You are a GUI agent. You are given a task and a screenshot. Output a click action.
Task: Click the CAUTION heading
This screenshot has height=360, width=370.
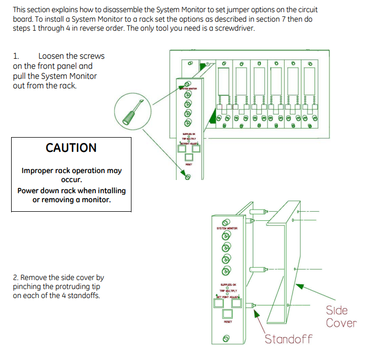pyautogui.click(x=71, y=148)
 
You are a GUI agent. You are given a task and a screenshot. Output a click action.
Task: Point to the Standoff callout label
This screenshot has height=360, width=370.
pyautogui.click(x=288, y=339)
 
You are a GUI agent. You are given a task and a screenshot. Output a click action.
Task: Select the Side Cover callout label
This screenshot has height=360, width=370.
pyautogui.click(x=341, y=317)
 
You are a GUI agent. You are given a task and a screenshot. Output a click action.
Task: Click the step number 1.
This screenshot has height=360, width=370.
pyautogui.click(x=16, y=56)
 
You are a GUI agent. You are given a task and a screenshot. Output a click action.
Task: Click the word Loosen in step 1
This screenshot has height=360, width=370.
pyautogui.click(x=52, y=56)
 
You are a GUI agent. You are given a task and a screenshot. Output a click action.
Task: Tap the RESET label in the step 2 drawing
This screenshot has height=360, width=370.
pyautogui.click(x=227, y=321)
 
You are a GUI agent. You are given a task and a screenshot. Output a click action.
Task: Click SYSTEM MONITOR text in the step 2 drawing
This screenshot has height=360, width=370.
pyautogui.click(x=227, y=228)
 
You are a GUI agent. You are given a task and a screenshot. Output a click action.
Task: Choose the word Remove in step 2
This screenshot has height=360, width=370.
pyautogui.click(x=33, y=277)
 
